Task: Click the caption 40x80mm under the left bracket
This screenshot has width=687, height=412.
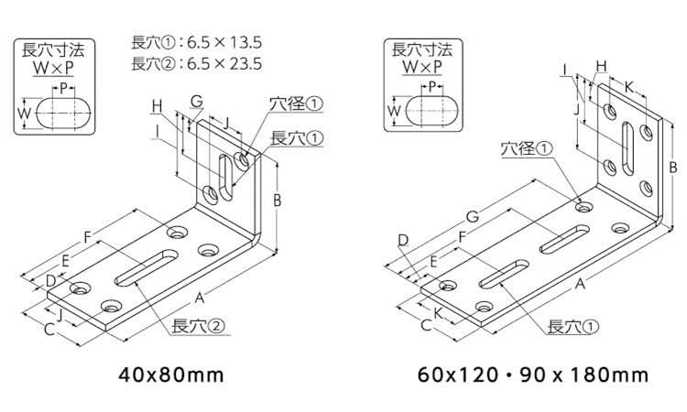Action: pos(171,374)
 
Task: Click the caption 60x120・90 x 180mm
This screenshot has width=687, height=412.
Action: pos(532,374)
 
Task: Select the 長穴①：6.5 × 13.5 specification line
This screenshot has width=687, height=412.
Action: pos(198,41)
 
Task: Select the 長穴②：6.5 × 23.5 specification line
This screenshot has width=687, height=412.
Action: pos(198,63)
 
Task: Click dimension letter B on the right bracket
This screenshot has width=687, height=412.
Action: pos(672,168)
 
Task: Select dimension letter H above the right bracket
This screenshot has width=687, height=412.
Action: pos(601,65)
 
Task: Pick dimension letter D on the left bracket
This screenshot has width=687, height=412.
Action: pos(51,279)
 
